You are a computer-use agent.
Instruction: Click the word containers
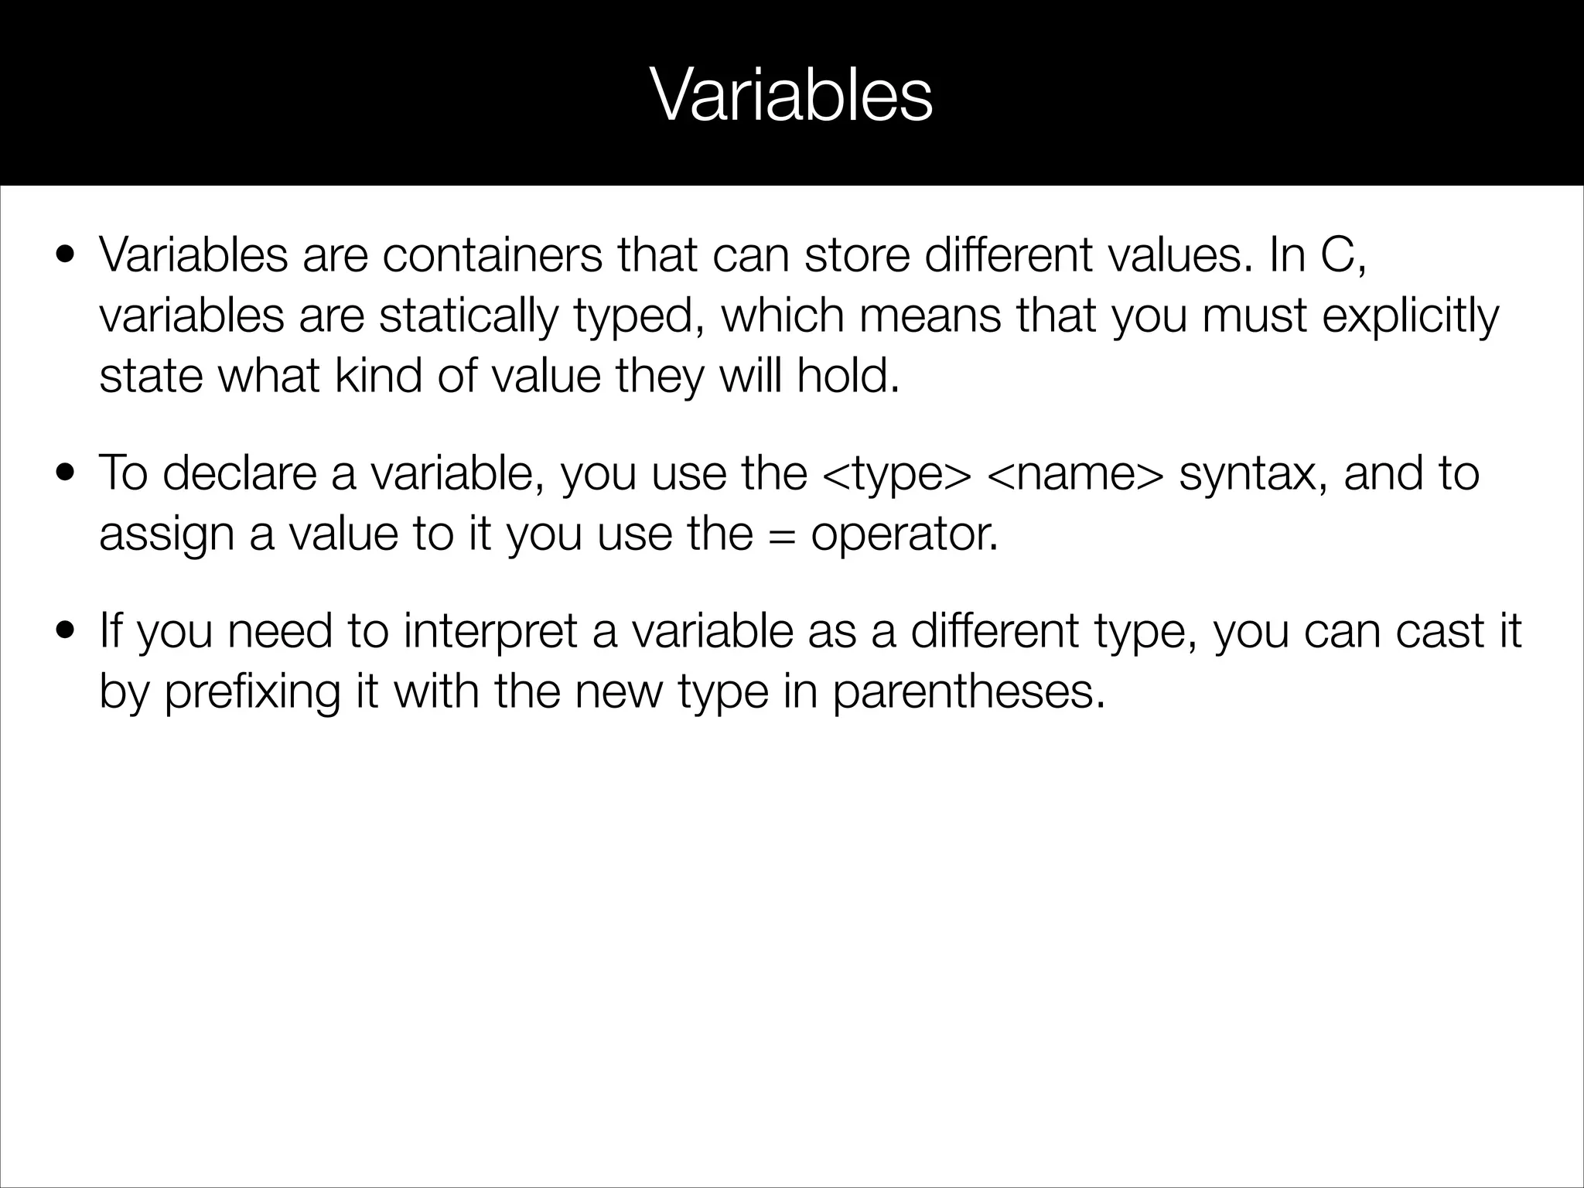point(492,255)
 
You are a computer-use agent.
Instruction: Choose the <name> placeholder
point(1074,473)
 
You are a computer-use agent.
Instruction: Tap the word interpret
point(490,631)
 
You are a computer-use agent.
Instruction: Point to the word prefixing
point(252,691)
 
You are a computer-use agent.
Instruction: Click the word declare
point(240,473)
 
